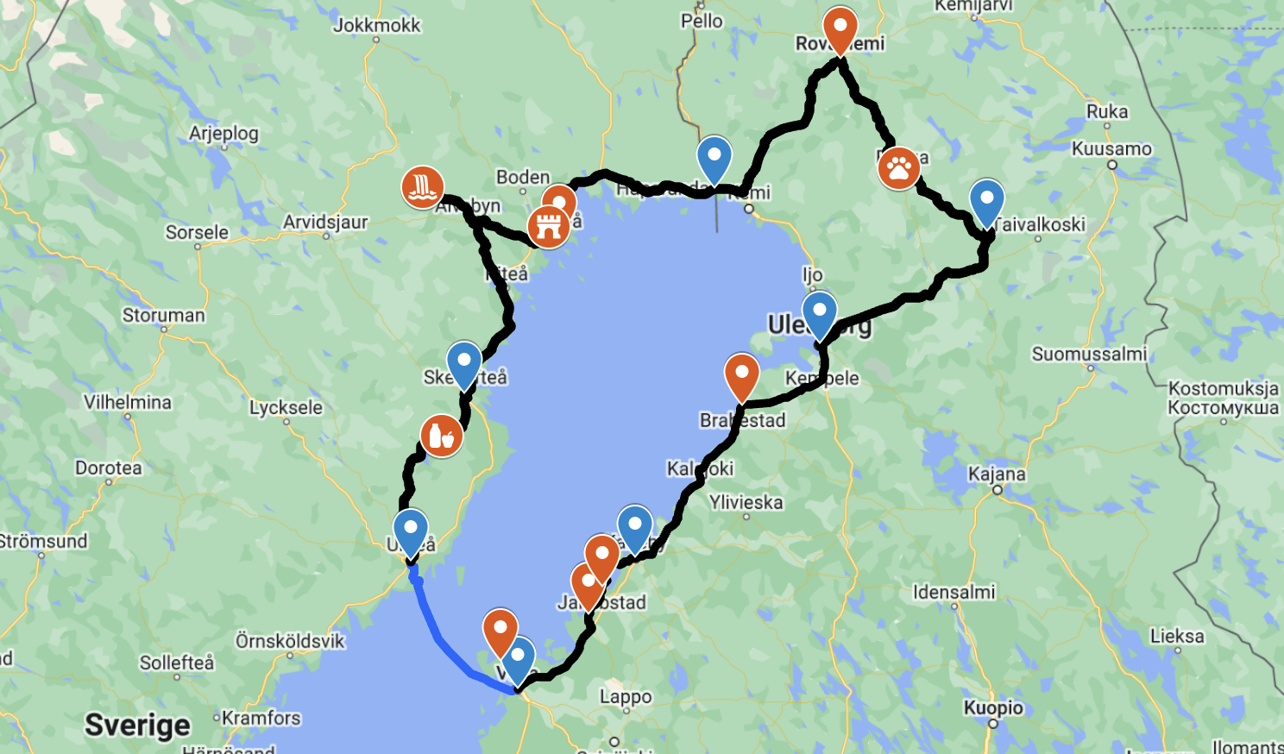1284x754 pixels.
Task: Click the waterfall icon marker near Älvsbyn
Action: coord(423,187)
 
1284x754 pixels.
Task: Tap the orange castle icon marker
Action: coord(548,227)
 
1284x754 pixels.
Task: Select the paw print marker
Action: coord(899,168)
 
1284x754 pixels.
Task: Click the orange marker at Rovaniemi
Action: coord(840,28)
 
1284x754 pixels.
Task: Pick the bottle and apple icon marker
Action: coord(441,436)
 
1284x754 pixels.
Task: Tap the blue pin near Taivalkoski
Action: coord(986,201)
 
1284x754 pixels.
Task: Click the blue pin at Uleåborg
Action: coord(819,313)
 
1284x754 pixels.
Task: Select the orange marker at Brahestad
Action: coord(741,375)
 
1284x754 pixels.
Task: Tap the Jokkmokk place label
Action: coord(377,25)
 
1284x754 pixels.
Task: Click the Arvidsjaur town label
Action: coord(325,222)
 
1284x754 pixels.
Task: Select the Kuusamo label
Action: coord(1111,148)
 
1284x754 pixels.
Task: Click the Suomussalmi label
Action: coord(1089,354)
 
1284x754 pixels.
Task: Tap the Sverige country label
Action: coord(137,725)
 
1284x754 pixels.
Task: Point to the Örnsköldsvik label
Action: coord(290,641)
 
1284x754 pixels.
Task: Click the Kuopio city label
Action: coord(993,707)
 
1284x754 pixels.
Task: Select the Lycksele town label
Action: coord(286,407)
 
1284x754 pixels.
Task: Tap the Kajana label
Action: coord(997,474)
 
